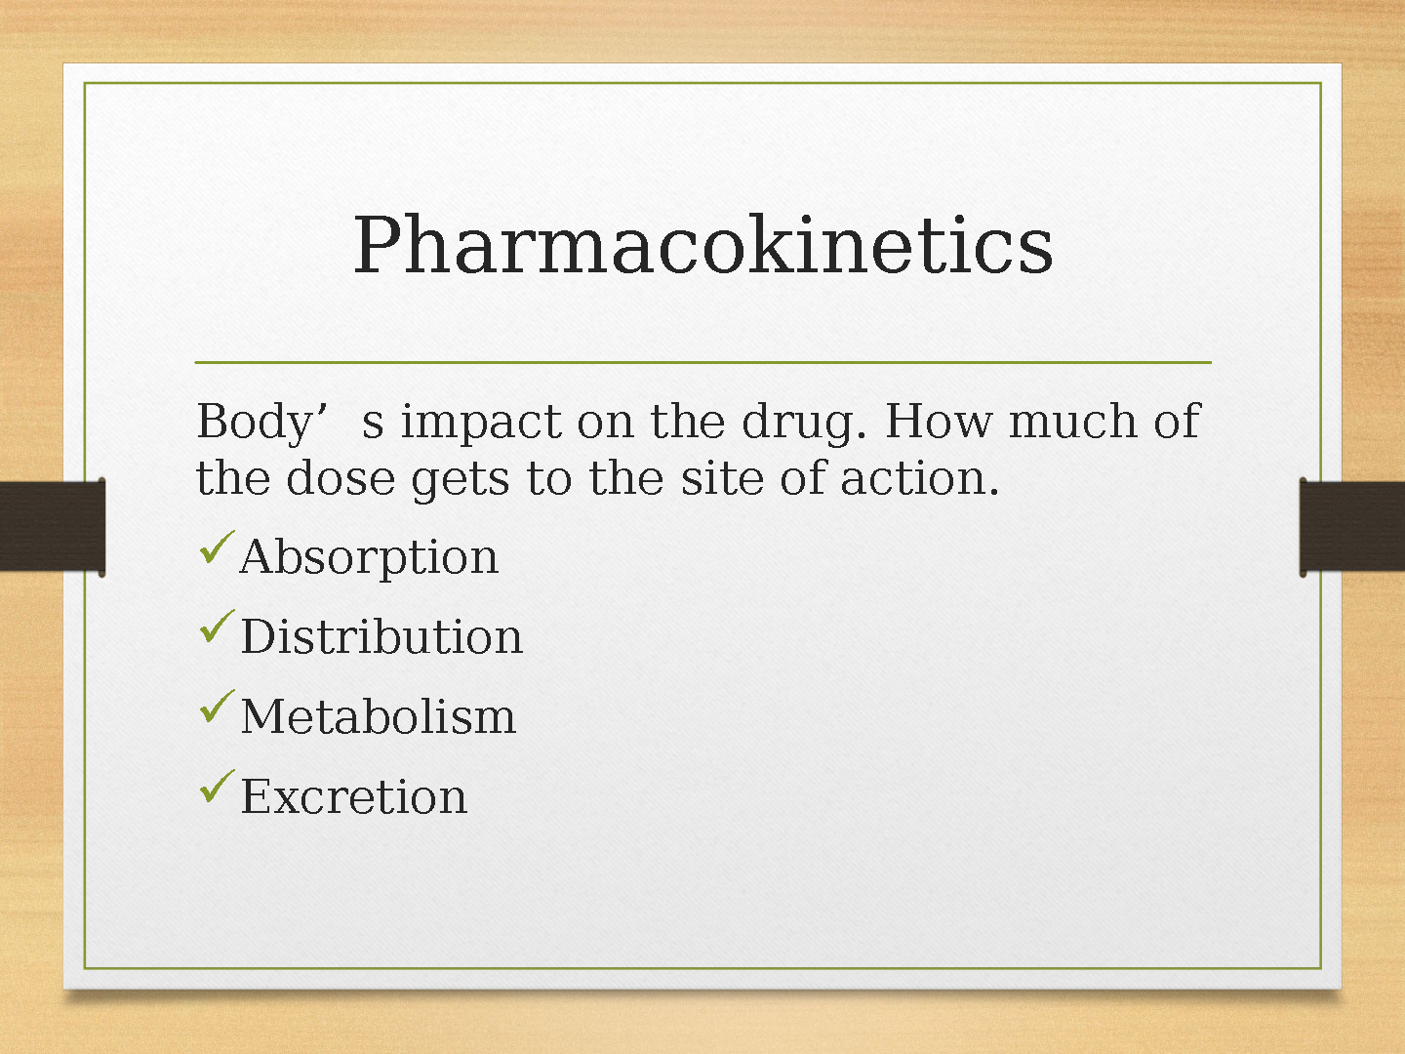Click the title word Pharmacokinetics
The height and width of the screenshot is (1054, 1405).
point(702,245)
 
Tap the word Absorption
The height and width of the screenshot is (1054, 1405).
point(369,557)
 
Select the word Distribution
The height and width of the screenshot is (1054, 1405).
point(381,636)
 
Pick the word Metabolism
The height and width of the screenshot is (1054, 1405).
point(378,715)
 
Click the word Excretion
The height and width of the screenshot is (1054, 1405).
point(354,795)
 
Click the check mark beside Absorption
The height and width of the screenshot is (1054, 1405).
point(217,547)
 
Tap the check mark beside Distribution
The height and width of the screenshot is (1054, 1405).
point(217,626)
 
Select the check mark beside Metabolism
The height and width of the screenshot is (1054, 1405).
point(217,706)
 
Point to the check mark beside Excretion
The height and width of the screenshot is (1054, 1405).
point(217,786)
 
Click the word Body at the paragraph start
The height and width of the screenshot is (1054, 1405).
point(254,423)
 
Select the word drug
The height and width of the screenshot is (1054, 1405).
point(804,423)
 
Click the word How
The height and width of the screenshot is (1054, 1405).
point(939,421)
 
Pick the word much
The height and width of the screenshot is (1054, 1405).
point(1073,420)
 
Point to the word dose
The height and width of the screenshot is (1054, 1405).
point(340,477)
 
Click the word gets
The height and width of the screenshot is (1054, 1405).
point(461,481)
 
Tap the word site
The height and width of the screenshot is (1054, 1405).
point(722,477)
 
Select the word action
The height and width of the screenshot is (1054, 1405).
point(920,478)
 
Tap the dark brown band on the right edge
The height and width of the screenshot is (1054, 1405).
point(1352,527)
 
